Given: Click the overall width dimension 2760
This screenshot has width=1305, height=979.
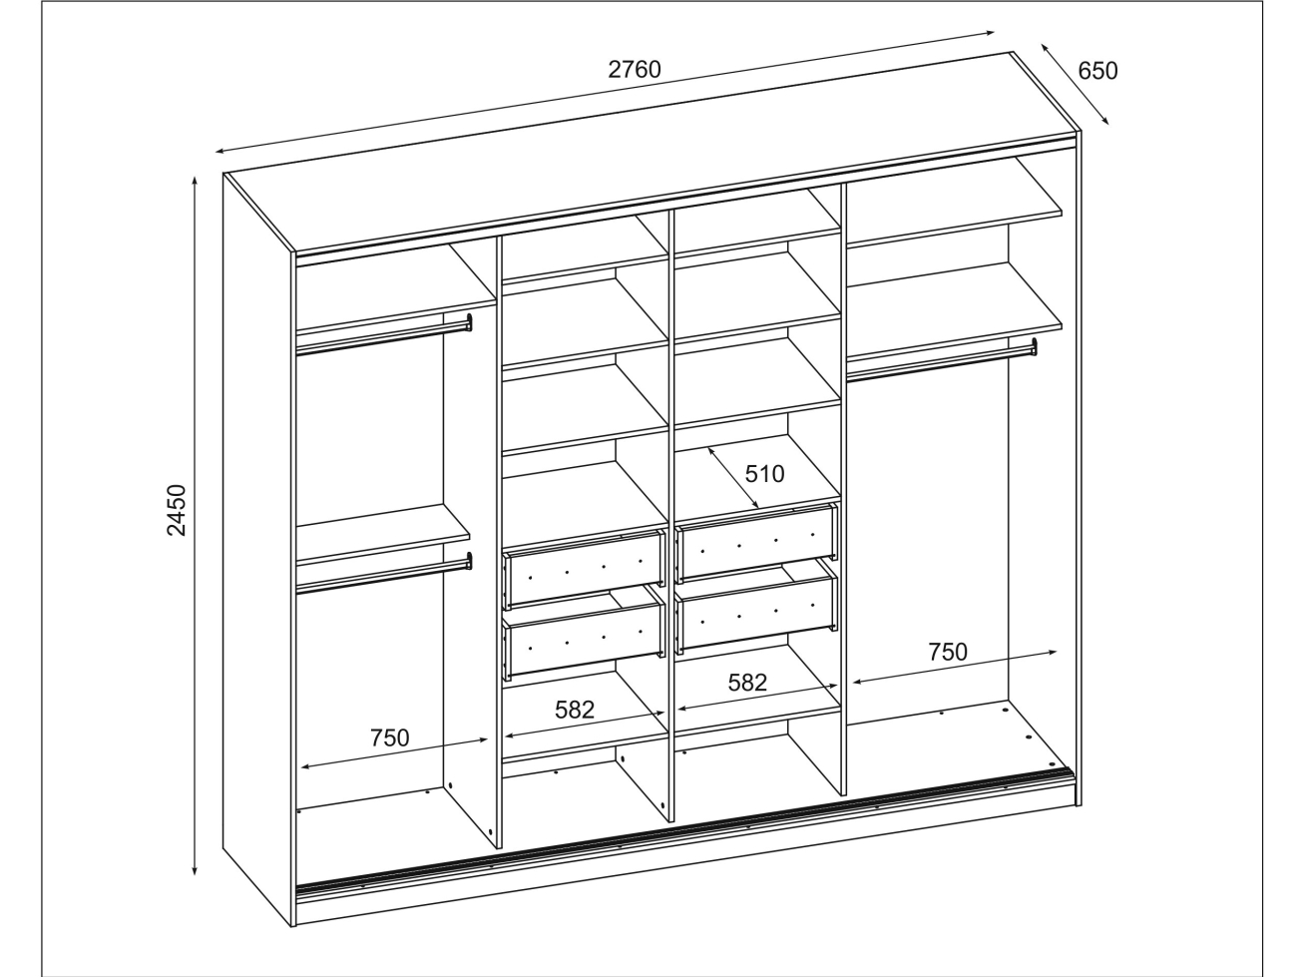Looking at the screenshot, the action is click(x=634, y=70).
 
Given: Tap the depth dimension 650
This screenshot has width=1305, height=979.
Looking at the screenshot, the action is click(x=1097, y=71).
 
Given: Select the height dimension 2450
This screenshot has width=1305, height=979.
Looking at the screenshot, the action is click(x=177, y=510).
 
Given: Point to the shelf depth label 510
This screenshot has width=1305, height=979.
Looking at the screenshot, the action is click(x=764, y=474).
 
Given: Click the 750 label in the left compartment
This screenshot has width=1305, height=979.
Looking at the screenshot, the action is click(x=389, y=737).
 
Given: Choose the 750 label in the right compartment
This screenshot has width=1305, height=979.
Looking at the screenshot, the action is click(x=948, y=652).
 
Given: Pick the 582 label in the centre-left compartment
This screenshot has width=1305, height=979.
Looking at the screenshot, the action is click(x=575, y=710).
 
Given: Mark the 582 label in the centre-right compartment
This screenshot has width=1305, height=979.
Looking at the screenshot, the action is click(x=747, y=683).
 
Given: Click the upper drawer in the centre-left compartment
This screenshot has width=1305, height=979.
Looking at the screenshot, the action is click(x=584, y=570).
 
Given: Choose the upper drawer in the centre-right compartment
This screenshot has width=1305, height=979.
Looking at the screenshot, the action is click(x=757, y=543).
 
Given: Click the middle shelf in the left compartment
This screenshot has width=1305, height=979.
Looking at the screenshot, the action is click(x=383, y=533).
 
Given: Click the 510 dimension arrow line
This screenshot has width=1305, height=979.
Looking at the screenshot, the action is click(x=733, y=478).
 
